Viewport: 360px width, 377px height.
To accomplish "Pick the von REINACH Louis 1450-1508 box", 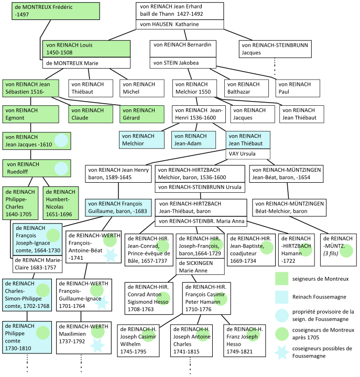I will click(x=86, y=49).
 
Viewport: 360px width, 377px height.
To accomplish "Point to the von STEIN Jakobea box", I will click(x=183, y=62).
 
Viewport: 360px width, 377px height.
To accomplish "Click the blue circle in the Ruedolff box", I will click(x=61, y=168).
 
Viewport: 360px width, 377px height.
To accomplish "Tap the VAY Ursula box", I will click(x=248, y=154).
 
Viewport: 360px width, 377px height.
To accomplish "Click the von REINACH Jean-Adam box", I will click(x=193, y=139).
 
